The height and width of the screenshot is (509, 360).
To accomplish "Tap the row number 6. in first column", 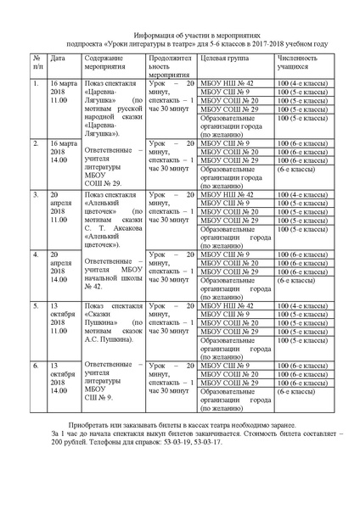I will tap(36, 366).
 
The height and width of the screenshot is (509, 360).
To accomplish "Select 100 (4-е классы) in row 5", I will tap(297, 304).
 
